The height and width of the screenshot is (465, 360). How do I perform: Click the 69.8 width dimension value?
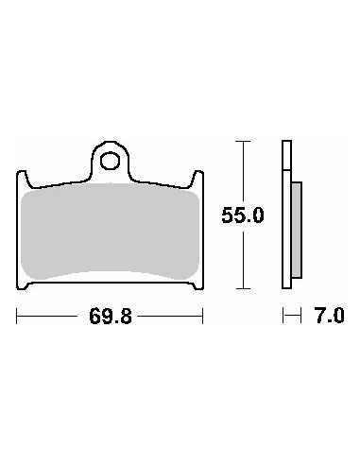[x=111, y=316]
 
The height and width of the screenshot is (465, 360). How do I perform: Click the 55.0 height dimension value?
[x=242, y=215]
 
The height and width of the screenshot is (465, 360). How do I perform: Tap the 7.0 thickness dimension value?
[x=330, y=316]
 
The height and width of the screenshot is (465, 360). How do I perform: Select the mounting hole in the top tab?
[x=110, y=161]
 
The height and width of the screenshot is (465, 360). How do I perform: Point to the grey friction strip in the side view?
[x=297, y=230]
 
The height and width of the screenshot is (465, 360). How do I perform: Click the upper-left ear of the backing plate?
[x=23, y=180]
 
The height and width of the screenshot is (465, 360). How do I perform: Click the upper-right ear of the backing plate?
[x=197, y=180]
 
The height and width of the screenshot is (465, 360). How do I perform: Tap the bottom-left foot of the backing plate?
[x=23, y=285]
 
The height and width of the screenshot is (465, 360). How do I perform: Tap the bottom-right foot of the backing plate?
[x=197, y=285]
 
